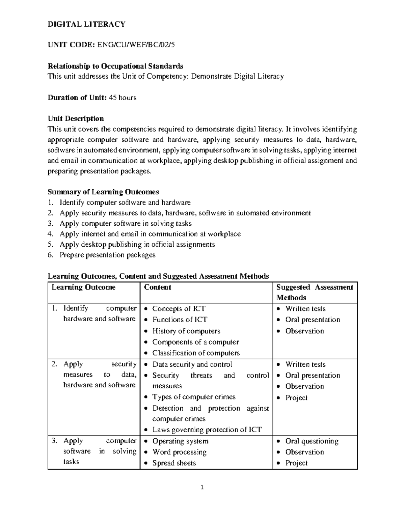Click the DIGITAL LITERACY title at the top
tap(86, 24)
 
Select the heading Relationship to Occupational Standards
tap(115, 66)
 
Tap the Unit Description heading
tap(76, 118)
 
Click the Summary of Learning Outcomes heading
tap(103, 192)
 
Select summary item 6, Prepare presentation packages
tap(107, 255)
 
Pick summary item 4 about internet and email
tap(150, 234)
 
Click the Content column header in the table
tap(158, 287)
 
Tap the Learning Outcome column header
tap(83, 287)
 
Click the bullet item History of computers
tap(186, 331)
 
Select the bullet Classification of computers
tap(196, 353)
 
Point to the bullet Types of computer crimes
tap(194, 397)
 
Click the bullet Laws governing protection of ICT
tap(207, 430)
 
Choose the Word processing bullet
tap(179, 452)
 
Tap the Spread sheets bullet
tap(174, 463)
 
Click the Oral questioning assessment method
tap(312, 441)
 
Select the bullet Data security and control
tap(192, 364)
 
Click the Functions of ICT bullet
tap(180, 320)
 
